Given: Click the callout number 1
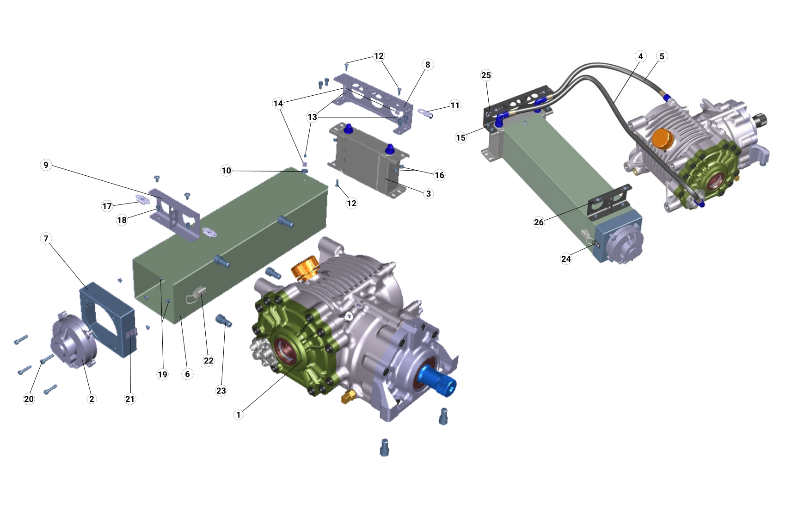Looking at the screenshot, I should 239,414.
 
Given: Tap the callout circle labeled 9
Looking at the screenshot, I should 46,165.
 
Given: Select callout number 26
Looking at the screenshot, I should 539,222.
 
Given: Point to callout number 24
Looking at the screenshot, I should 566,259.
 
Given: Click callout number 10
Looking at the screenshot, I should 226,171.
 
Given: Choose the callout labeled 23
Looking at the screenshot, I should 221,391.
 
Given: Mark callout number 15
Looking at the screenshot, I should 461,138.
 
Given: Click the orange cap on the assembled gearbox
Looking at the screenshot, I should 661,139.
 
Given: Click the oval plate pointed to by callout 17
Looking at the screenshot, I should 142,199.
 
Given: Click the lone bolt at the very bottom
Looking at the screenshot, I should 384,447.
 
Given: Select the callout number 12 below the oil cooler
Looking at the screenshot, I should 351,203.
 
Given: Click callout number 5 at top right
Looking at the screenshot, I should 662,56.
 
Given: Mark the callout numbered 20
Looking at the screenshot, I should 29,399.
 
